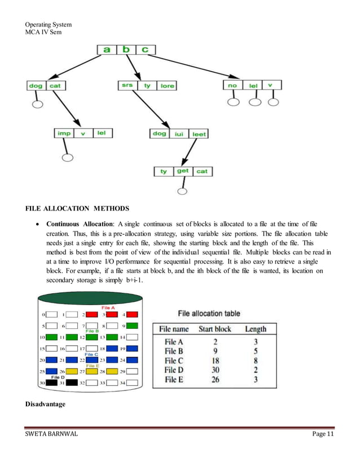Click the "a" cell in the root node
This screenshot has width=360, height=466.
(107, 50)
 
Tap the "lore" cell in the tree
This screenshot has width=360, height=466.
(167, 86)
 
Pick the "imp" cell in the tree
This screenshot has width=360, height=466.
(63, 133)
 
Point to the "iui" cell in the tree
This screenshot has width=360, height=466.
(179, 134)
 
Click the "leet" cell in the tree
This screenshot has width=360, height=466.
(199, 134)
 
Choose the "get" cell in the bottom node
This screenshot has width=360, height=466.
(183, 171)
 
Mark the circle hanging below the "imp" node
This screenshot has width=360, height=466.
(67, 157)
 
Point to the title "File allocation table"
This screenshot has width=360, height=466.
(209, 314)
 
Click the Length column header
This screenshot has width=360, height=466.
(256, 329)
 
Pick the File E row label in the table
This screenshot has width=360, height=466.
(174, 380)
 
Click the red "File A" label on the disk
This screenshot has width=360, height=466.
(108, 307)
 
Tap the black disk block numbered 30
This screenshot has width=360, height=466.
(52, 383)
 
